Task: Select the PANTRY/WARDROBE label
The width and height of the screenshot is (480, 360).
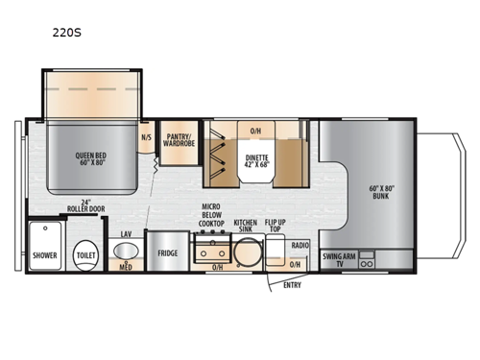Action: (x=178, y=139)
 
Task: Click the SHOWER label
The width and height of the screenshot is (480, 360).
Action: (x=44, y=255)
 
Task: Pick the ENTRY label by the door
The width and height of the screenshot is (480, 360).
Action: (x=290, y=283)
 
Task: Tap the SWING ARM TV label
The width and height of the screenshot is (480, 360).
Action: (x=339, y=258)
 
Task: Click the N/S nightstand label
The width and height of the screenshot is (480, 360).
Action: (x=146, y=137)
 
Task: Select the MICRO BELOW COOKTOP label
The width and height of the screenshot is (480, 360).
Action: (x=212, y=214)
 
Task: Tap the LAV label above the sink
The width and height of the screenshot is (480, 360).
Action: (x=126, y=233)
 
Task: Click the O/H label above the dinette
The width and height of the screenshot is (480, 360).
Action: (x=255, y=131)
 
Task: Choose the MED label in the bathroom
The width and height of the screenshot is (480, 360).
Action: (x=126, y=268)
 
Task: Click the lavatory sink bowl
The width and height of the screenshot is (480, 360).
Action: (x=125, y=252)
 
